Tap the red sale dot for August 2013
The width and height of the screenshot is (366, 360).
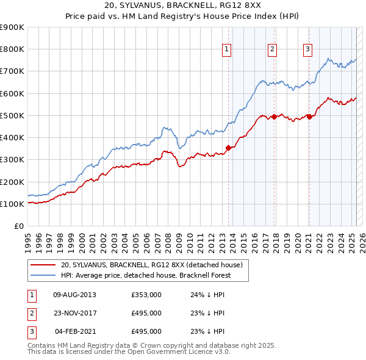pyautogui.click(x=229, y=148)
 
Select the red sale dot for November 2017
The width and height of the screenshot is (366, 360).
pyautogui.click(x=274, y=117)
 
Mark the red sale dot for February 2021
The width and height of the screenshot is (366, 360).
pyautogui.click(x=309, y=117)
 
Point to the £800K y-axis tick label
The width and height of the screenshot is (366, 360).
pyautogui.click(x=12, y=49)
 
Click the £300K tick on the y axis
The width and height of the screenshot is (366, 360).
pyautogui.click(x=12, y=160)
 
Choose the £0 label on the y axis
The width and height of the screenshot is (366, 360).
pyautogui.click(x=18, y=226)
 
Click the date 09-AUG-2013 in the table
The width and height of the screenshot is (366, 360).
pyautogui.click(x=74, y=295)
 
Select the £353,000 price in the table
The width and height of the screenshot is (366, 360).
pyautogui.click(x=146, y=295)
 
